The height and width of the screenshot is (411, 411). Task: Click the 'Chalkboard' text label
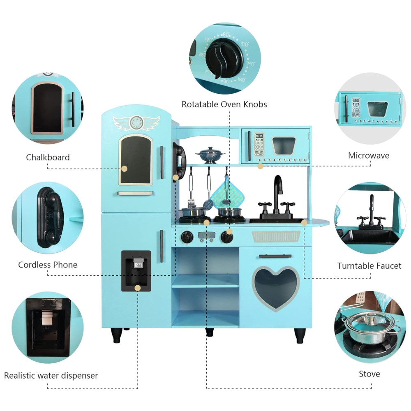click(48, 157)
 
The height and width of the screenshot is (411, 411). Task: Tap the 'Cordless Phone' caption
click(48, 265)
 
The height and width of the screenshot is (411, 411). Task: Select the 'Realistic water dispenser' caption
click(51, 375)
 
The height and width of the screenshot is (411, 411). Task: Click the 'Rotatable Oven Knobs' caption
click(224, 104)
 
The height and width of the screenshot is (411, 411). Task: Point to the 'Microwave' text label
click(369, 155)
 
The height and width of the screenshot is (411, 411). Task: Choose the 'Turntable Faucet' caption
click(369, 266)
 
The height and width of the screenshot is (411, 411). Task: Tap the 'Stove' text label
click(369, 374)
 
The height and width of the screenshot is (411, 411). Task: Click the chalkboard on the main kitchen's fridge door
click(135, 159)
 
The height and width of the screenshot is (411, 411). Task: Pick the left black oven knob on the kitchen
click(187, 237)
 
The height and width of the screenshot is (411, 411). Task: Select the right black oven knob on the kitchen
click(226, 237)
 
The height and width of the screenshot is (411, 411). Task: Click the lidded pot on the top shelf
click(210, 155)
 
